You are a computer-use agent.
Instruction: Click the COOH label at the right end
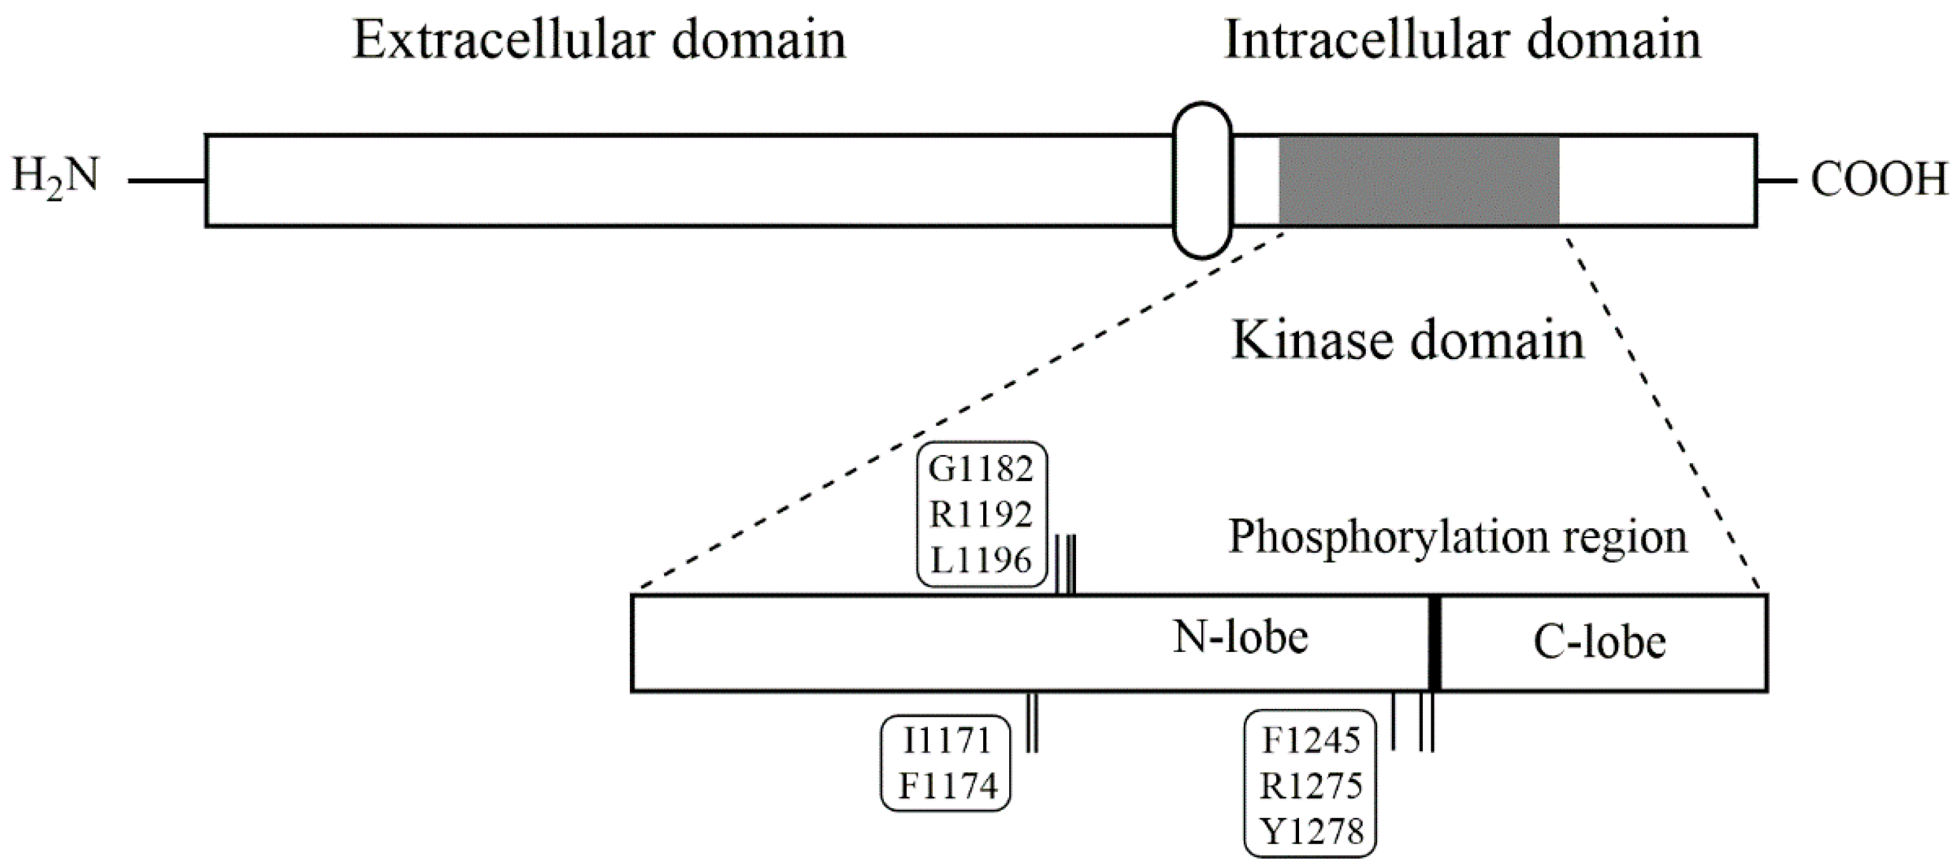click(1879, 181)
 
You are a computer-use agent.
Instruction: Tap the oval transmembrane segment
click(1202, 180)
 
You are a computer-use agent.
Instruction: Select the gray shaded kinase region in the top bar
click(1419, 180)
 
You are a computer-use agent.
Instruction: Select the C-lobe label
click(1600, 642)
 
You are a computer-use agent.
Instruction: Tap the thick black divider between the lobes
click(1434, 642)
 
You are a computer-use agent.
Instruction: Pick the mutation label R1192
click(981, 515)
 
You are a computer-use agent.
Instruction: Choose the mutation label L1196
click(981, 560)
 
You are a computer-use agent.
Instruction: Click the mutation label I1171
click(947, 741)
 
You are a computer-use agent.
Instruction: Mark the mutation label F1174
click(947, 786)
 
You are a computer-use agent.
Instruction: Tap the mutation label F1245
click(1311, 741)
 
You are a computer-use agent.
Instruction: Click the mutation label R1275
click(1311, 786)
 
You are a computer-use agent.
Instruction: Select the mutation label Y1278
click(1311, 832)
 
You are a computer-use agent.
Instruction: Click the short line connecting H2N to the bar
click(167, 181)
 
